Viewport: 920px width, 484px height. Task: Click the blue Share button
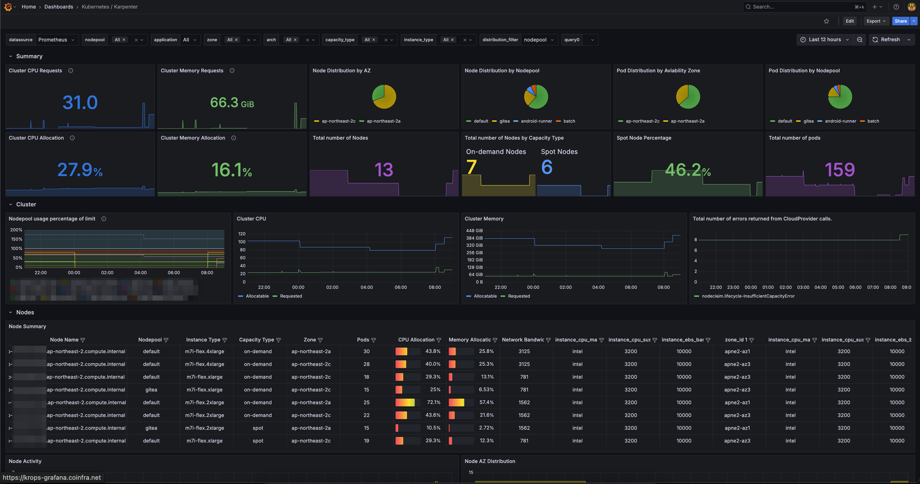click(900, 21)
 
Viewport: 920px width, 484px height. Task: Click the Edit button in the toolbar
click(849, 21)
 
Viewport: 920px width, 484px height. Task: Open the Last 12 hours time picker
click(824, 40)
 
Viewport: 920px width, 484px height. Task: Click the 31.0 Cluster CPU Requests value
click(80, 103)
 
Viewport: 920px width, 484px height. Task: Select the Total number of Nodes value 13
click(384, 170)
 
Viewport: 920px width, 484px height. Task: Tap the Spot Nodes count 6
click(546, 167)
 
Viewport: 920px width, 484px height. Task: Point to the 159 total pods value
click(840, 170)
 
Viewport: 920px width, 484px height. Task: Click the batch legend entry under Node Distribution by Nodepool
click(569, 121)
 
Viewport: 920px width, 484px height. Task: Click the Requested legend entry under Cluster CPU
click(291, 296)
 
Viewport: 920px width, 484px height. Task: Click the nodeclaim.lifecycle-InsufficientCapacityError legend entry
click(748, 296)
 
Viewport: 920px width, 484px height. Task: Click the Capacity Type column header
click(257, 340)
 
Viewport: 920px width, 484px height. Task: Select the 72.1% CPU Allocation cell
click(433, 402)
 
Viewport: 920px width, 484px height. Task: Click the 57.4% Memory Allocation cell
click(486, 402)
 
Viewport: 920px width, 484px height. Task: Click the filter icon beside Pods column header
click(374, 340)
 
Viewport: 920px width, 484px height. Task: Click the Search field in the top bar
click(800, 7)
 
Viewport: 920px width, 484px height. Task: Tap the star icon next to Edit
click(826, 21)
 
